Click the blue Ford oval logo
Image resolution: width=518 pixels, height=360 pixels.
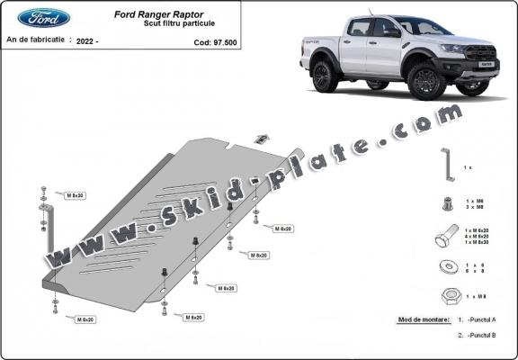point(43,18)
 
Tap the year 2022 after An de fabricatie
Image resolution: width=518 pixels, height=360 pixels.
point(86,41)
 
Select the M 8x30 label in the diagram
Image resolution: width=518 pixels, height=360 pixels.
point(75,194)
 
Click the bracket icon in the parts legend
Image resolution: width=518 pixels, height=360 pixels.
point(444,166)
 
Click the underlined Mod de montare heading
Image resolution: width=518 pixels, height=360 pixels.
point(423,319)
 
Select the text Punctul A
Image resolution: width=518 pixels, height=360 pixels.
point(481,319)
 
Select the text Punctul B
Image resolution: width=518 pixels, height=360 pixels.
point(481,335)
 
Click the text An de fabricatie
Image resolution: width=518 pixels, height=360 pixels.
point(35,41)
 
